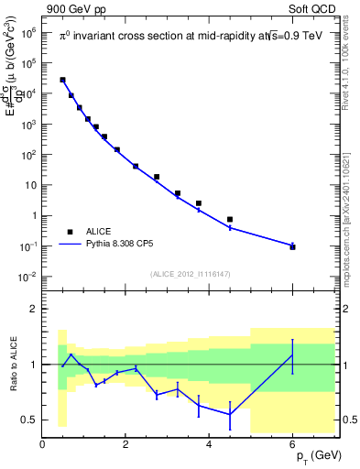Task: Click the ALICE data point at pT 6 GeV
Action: click(292, 247)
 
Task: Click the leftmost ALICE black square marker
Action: click(62, 80)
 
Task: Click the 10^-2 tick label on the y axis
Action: click(28, 277)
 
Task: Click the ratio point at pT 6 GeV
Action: click(292, 354)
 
